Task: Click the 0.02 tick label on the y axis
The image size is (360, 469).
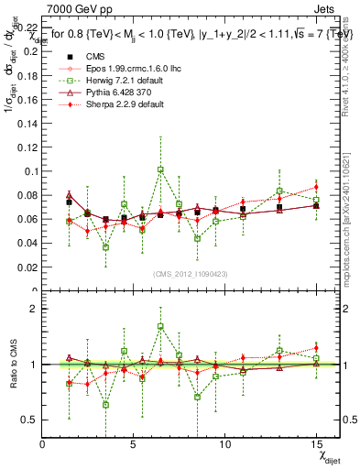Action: tap(27, 267)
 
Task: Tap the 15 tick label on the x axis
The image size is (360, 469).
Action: tap(315, 443)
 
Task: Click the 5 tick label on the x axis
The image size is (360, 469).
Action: tap(134, 443)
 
